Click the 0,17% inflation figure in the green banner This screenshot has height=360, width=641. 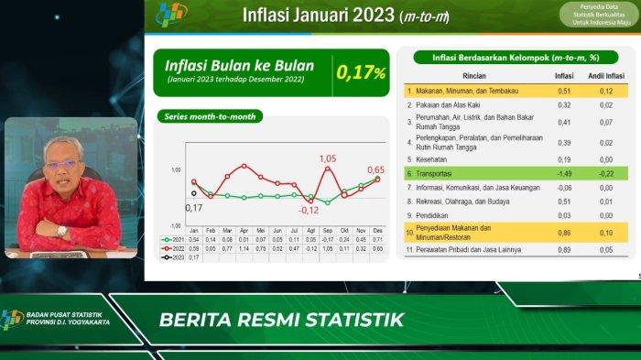362,72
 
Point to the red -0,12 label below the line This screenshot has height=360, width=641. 309,210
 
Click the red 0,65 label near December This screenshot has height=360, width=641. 375,169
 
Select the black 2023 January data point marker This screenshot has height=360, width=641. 193,193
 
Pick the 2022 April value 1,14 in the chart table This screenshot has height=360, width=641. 244,248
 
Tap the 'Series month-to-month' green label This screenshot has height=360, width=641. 210,116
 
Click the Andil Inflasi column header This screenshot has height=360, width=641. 605,75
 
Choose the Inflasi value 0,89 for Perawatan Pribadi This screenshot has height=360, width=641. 565,249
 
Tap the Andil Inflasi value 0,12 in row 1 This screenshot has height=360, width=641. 605,91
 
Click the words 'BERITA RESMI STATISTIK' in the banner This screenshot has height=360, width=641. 281,321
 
